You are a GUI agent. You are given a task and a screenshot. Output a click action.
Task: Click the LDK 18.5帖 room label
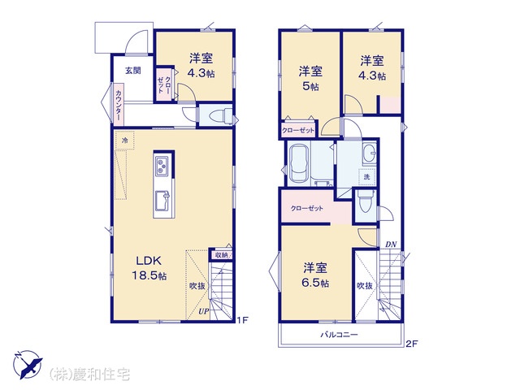(149, 268)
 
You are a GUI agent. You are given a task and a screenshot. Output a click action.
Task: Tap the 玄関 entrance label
(132, 71)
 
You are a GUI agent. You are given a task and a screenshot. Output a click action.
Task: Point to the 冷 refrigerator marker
(124, 141)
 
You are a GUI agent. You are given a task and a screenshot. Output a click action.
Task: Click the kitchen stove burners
(162, 166)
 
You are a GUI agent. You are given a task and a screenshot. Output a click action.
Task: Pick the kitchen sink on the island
(162, 201)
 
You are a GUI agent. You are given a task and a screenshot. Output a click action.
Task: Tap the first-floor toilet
(219, 115)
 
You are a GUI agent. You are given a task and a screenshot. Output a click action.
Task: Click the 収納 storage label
(220, 255)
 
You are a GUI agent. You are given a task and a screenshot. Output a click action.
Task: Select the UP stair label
(204, 311)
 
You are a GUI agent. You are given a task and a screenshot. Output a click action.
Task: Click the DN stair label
(391, 245)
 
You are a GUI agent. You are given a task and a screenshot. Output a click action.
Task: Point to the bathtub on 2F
(299, 162)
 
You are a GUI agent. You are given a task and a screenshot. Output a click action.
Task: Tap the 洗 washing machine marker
(366, 177)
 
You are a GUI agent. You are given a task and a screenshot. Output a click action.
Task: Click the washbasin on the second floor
(369, 154)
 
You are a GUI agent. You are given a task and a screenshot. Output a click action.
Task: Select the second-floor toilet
(365, 201)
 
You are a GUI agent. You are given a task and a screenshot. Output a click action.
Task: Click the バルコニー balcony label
(339, 335)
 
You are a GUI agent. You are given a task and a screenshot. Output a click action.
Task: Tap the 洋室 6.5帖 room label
(315, 275)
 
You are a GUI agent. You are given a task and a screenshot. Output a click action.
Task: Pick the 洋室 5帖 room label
(310, 78)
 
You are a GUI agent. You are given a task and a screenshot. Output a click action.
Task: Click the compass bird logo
(28, 364)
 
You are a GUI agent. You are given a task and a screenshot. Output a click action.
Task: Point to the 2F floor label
(412, 344)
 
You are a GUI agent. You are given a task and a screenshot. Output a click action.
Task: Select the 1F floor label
(242, 320)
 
